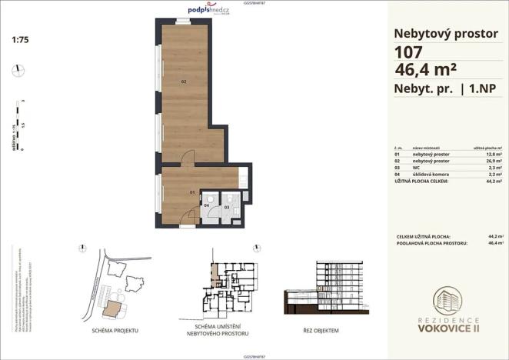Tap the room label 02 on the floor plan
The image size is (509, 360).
(x=184, y=82)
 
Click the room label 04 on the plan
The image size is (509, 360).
(x=207, y=206)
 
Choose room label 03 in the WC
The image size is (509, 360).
(x=227, y=207)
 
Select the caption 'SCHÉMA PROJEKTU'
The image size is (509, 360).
(x=114, y=329)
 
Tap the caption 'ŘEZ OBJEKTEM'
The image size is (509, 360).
(x=315, y=329)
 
